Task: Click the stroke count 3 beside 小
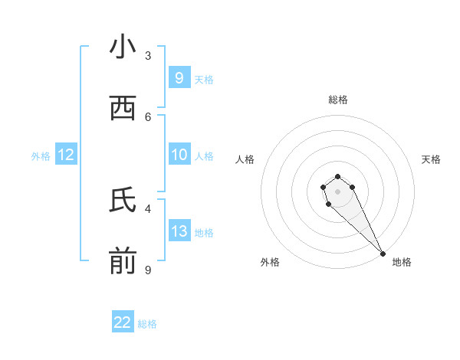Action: pos(148,55)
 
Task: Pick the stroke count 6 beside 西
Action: pos(148,116)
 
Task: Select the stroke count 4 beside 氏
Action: pos(148,208)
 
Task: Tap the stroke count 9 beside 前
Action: pos(148,270)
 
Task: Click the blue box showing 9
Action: pos(179,77)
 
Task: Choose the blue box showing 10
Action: pos(179,155)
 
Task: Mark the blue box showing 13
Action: pos(179,231)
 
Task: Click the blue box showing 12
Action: pos(66,155)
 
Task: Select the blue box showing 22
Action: pos(123,322)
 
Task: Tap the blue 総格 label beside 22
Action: pos(147,324)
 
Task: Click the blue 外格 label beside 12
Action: pos(41,156)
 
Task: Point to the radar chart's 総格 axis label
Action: pos(337,100)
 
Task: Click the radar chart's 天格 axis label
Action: pos(431,159)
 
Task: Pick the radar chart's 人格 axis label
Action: pos(245,159)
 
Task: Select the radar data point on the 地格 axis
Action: pos(383,253)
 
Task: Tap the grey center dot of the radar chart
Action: pos(337,191)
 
